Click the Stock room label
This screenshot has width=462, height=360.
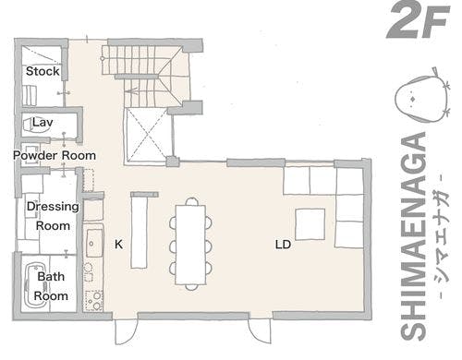click(43, 71)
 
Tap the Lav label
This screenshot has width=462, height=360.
click(43, 122)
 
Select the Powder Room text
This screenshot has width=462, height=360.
click(55, 155)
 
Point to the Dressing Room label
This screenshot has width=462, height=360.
click(53, 216)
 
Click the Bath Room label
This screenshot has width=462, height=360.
click(51, 286)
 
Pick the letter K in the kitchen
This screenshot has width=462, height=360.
click(118, 245)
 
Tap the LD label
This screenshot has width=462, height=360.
click(283, 245)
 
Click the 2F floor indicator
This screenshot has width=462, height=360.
click(418, 21)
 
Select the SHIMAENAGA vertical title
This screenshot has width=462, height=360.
click(413, 236)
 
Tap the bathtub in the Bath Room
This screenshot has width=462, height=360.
click(36, 285)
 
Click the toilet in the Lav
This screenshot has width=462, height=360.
click(36, 125)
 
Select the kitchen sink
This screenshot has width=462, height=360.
click(94, 243)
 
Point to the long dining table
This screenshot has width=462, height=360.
click(190, 245)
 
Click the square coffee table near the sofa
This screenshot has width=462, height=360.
click(310, 224)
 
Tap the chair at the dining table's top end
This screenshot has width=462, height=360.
click(192, 201)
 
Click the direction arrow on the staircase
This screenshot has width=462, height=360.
click(131, 91)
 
